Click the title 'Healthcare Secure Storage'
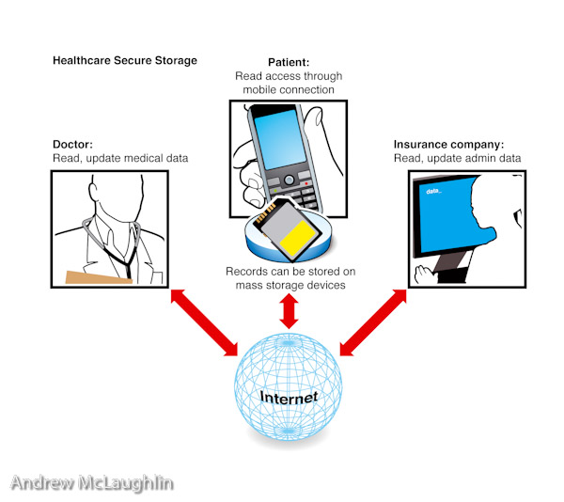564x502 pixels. (125, 61)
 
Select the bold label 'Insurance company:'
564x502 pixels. (448, 145)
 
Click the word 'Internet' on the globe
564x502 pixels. (289, 397)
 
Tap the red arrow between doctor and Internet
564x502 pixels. (202, 322)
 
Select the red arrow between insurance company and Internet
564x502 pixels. (373, 322)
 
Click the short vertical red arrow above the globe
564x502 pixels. (289, 311)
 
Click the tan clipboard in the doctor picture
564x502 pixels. (100, 276)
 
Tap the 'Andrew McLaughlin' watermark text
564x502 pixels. (92, 482)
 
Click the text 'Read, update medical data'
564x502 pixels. (120, 159)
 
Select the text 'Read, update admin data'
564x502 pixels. (457, 159)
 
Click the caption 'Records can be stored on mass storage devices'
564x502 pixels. (290, 277)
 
